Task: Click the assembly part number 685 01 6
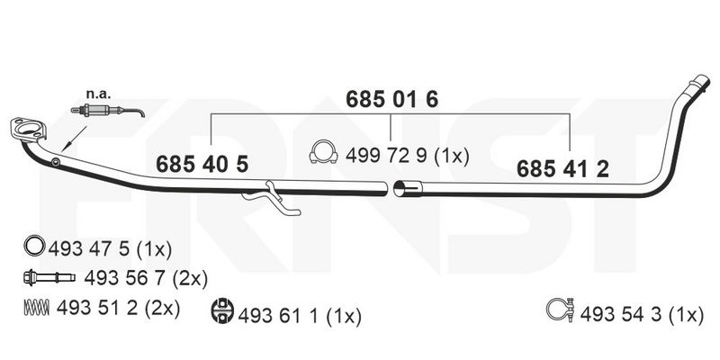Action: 391,100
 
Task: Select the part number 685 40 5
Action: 202,164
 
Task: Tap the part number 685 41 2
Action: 563,169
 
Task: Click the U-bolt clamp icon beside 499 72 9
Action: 324,151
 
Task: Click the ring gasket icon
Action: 34,246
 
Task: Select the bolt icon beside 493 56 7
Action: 49,277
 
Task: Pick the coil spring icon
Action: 36,307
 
